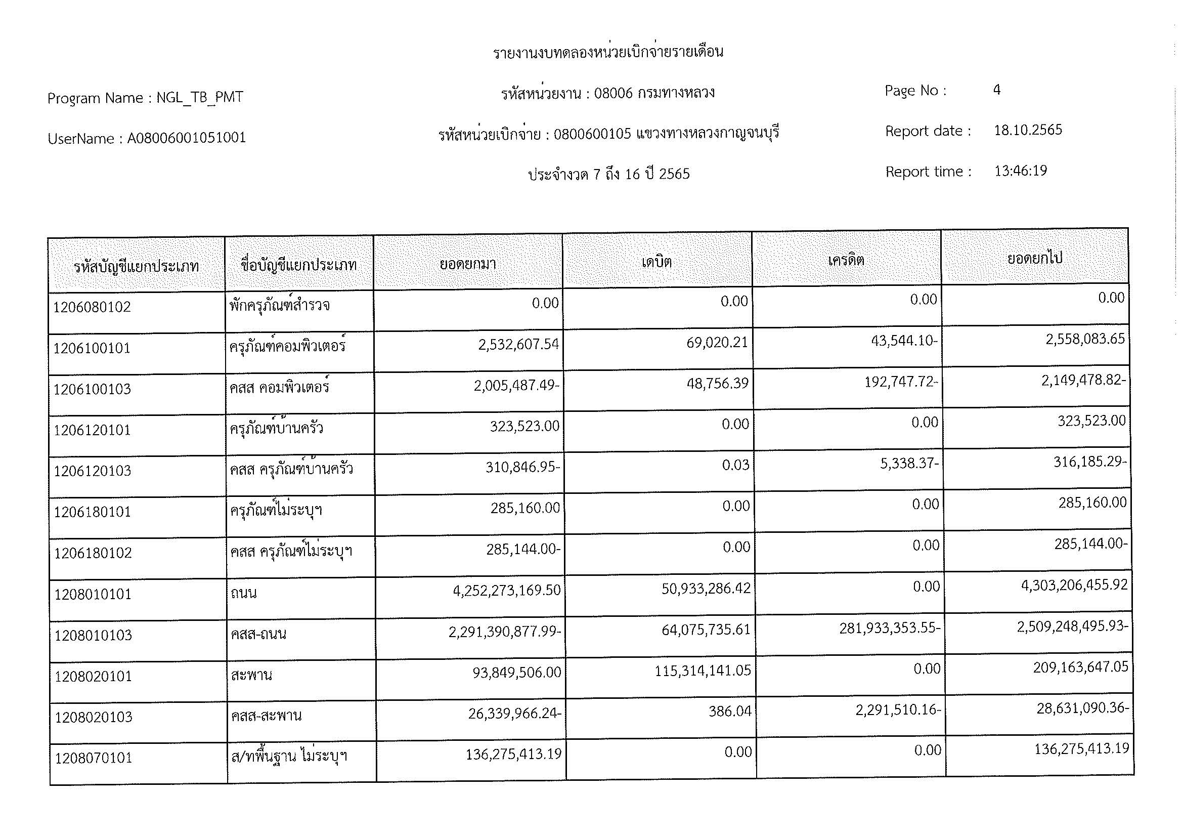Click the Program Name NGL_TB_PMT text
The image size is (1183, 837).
145,97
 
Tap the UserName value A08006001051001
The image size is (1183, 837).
187,138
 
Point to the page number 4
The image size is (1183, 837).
996,90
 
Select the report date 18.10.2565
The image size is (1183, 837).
1027,130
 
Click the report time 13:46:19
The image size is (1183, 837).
1020,171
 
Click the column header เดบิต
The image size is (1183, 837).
656,262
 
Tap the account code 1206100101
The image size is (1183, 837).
92,348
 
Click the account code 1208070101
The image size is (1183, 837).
93,758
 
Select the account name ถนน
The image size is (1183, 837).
243,593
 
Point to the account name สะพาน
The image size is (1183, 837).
251,675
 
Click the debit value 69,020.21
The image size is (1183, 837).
717,342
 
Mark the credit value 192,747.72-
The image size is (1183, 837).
901,382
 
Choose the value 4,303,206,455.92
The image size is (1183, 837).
1074,585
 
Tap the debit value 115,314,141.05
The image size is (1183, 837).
703,671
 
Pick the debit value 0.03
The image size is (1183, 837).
735,465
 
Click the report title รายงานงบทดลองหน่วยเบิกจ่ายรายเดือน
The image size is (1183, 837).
608,52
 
